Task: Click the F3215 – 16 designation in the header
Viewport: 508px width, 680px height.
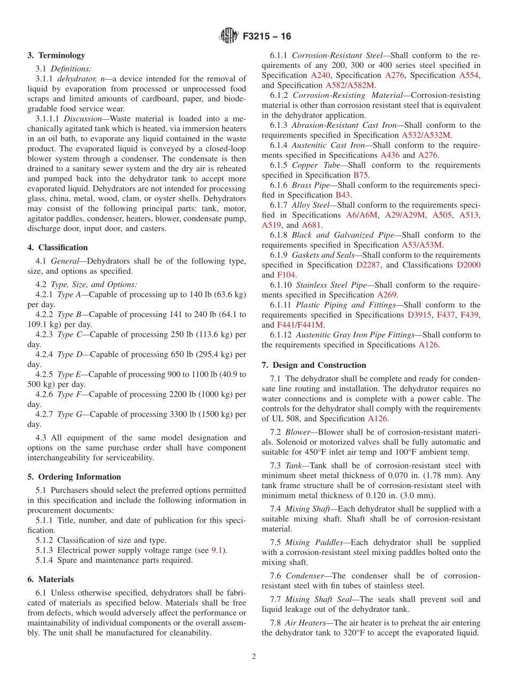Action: (x=267, y=36)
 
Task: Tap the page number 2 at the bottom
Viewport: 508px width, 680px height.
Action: (x=254, y=656)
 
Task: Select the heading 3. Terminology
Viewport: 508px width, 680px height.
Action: (x=56, y=55)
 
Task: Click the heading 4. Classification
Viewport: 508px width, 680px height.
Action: (x=58, y=247)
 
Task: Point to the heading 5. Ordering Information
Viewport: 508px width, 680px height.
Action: (x=74, y=476)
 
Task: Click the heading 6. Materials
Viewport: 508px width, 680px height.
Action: (x=51, y=579)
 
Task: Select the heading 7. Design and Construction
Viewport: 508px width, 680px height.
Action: (x=314, y=365)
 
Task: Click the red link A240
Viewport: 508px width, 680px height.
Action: (x=320, y=75)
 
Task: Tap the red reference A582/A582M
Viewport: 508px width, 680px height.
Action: (x=350, y=85)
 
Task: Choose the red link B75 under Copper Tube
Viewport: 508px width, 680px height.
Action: (x=360, y=175)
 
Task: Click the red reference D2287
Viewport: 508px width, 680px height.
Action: (x=370, y=265)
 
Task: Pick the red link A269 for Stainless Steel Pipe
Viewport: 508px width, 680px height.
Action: (x=387, y=295)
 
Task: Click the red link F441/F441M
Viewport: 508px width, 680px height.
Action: (x=300, y=324)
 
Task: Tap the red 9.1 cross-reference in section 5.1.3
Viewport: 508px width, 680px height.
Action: (x=217, y=550)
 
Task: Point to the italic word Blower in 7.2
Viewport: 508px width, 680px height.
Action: (x=297, y=432)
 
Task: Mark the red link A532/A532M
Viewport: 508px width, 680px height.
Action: (x=426, y=135)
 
